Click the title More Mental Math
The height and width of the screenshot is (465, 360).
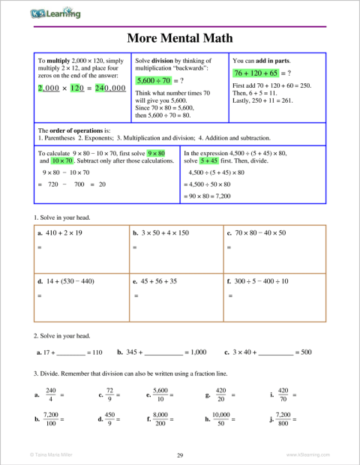pos(180,37)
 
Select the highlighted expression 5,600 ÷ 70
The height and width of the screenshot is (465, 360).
pos(154,79)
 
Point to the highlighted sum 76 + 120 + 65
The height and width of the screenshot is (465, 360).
pos(256,73)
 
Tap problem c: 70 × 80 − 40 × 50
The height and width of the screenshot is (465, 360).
pos(259,233)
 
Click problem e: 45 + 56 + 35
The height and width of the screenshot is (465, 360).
pos(157,281)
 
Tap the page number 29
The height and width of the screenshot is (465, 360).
pos(180,455)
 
